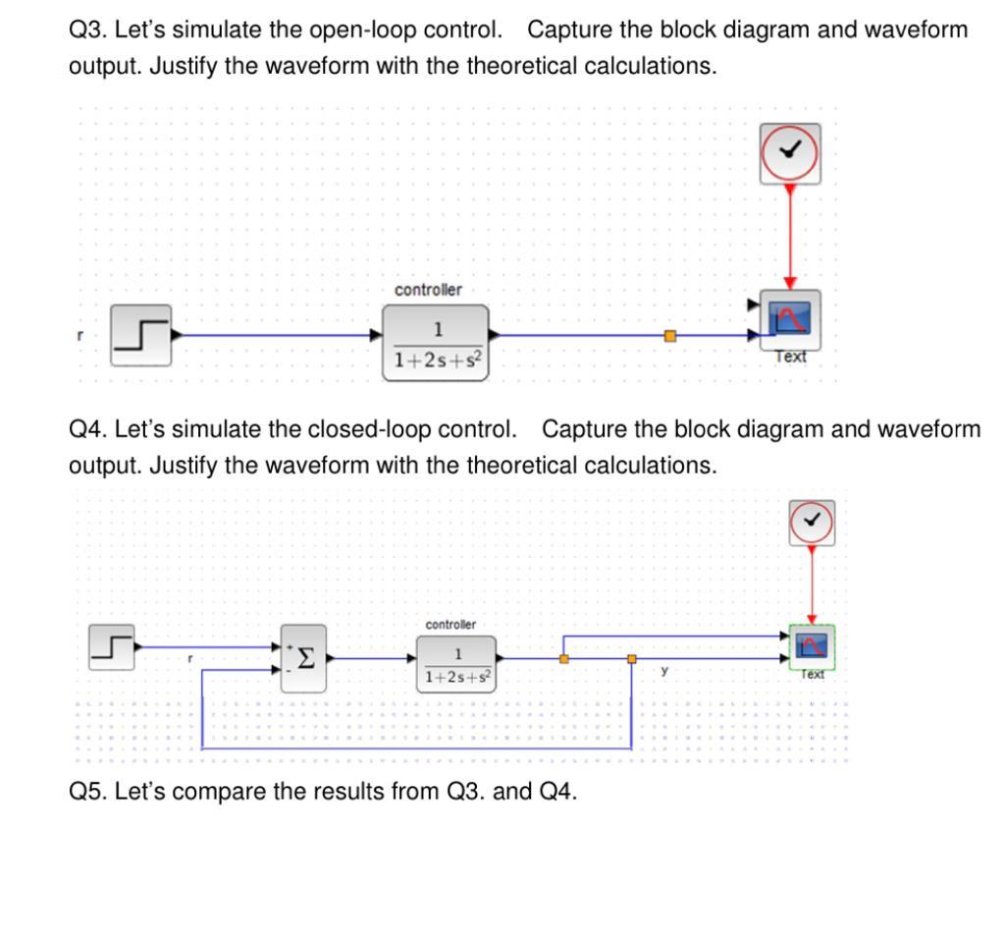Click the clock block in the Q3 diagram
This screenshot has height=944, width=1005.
pos(790,153)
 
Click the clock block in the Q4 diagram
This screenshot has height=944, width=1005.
pos(812,523)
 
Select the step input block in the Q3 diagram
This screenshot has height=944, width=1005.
pos(140,335)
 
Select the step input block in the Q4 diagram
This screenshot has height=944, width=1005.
pos(111,647)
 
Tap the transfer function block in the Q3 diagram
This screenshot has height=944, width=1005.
pos(434,342)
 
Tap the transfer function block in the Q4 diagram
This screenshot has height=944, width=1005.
pos(456,663)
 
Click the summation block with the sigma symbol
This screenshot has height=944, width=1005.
pos(304,658)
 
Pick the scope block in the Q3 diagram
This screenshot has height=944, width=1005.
pos(791,320)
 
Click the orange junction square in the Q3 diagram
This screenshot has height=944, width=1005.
pos(670,336)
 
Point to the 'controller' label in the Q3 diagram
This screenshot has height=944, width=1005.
pos(428,290)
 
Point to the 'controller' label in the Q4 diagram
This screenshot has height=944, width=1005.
pos(450,624)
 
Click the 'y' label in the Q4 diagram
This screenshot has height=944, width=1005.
pos(665,671)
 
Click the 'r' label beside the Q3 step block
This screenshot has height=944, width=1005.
pos(80,335)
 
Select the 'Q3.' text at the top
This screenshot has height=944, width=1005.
pos(87,30)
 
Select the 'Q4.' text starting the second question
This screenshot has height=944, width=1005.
pos(87,430)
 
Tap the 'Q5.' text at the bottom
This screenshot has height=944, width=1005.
pos(87,792)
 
